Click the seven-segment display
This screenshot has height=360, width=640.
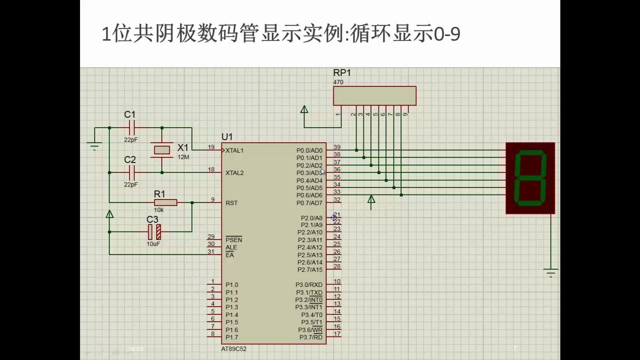coord(530,177)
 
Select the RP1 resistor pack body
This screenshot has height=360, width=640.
coord(374,95)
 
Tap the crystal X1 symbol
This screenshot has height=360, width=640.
coord(162,149)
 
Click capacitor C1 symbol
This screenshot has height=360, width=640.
coord(131,127)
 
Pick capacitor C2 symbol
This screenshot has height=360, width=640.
coord(131,172)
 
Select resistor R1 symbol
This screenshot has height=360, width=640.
coord(165,202)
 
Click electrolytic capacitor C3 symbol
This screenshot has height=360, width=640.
coord(154,231)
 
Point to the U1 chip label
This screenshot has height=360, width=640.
coord(227,137)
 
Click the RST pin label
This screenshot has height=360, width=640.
coord(231,203)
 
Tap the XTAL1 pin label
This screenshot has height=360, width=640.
coord(234,150)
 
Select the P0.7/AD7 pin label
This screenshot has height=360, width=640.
coord(309,203)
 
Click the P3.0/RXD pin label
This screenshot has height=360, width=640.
coord(308,285)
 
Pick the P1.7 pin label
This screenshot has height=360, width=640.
coord(231,337)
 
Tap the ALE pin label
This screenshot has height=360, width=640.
coord(231,247)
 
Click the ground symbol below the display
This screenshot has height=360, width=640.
coord(551,272)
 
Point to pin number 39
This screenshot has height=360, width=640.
coord(337,147)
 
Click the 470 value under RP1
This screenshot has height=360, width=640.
coord(338,82)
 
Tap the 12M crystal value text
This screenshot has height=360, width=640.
coord(183,157)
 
